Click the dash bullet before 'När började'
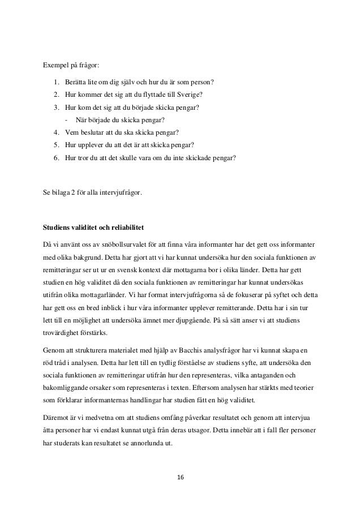point(67,120)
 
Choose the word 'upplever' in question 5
point(93,145)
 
